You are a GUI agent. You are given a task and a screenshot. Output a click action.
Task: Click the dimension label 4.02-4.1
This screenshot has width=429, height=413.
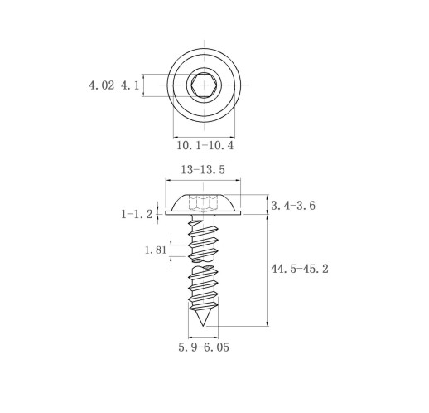click(114, 85)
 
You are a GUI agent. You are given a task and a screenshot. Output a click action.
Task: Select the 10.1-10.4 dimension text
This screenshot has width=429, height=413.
click(205, 145)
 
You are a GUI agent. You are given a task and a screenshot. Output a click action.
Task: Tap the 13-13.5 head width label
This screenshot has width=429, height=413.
click(203, 170)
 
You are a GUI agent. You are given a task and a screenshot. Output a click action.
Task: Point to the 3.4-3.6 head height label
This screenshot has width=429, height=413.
click(293, 206)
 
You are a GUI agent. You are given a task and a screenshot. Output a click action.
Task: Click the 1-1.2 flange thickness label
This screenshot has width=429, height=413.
click(137, 214)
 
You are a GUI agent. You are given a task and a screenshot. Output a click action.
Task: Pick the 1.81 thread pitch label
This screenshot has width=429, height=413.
click(156, 250)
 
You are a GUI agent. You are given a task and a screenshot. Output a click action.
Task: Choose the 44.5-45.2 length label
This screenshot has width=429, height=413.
click(300, 269)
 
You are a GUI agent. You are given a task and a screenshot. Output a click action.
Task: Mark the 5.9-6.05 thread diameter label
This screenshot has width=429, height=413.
click(204, 347)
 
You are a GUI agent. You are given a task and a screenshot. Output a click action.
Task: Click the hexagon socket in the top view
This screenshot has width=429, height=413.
click(204, 85)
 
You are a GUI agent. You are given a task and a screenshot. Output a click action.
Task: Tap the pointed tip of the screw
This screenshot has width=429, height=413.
click(203, 326)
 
